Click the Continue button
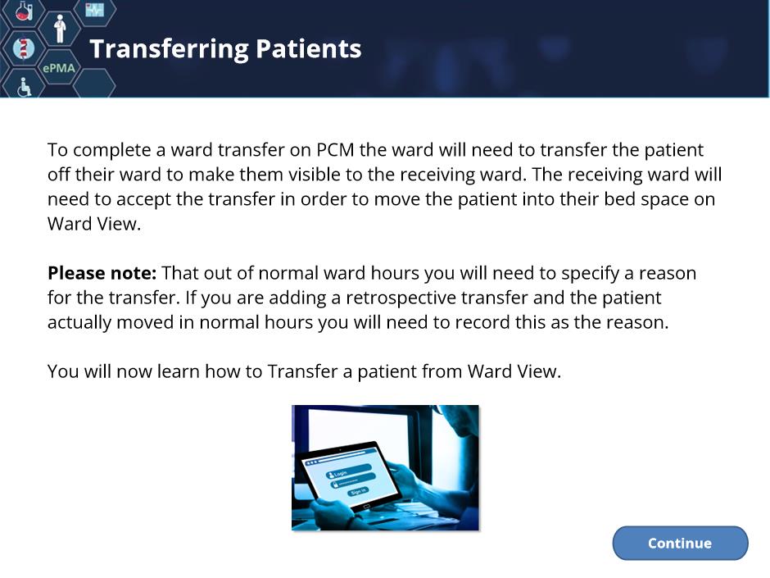click(680, 543)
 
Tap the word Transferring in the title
click(169, 50)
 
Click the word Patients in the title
click(308, 48)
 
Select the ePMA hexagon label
click(59, 68)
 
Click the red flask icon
click(24, 11)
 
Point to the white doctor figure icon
click(60, 29)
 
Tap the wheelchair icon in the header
click(24, 88)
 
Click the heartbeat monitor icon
click(94, 9)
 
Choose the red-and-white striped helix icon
click(23, 48)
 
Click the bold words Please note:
click(102, 273)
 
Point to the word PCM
click(335, 149)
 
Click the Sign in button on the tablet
click(359, 491)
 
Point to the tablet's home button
click(366, 507)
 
